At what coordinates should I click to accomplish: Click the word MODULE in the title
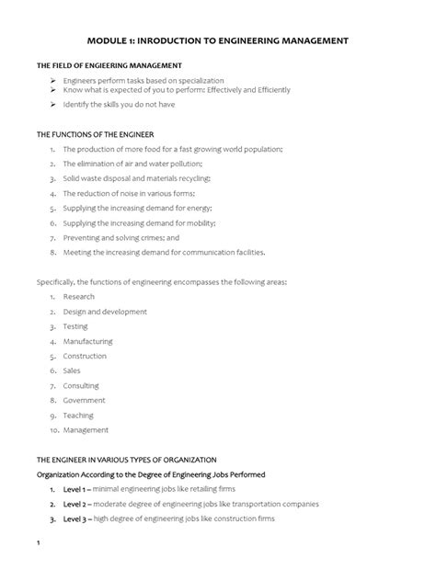(x=110, y=41)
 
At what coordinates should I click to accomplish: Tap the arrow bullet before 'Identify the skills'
(x=53, y=105)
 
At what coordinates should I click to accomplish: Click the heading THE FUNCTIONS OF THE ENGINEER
(x=101, y=134)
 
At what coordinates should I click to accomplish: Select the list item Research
(x=79, y=297)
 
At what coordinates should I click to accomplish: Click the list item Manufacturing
(x=87, y=341)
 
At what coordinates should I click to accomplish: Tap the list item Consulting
(x=82, y=385)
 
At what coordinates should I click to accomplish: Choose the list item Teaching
(x=79, y=415)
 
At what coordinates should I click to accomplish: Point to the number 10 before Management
(x=54, y=429)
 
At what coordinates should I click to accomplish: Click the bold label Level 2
(x=77, y=504)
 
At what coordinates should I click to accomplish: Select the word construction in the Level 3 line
(x=239, y=518)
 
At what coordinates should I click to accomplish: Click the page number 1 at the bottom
(x=38, y=554)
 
